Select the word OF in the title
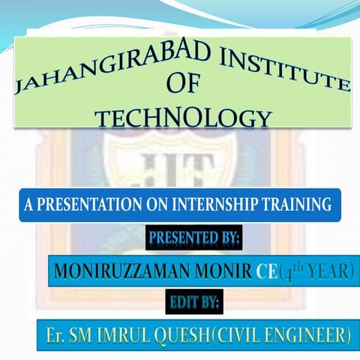(x=183, y=85)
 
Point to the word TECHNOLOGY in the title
(x=183, y=118)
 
